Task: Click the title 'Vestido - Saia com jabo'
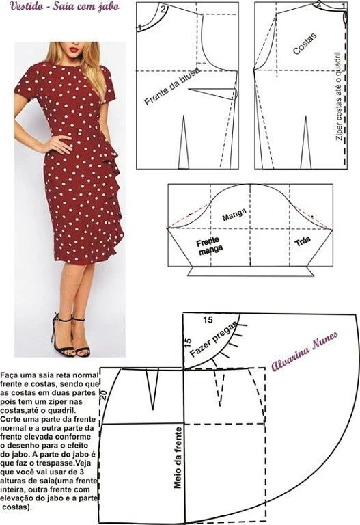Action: point(65,6)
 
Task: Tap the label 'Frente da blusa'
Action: point(172,86)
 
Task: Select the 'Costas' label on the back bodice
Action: point(305,44)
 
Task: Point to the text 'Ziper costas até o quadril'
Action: point(338,96)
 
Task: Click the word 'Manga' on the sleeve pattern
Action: point(234,215)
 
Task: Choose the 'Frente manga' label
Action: point(210,245)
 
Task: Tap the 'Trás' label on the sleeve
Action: point(303,241)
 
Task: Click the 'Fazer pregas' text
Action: point(213,339)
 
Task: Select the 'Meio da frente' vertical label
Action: point(178,457)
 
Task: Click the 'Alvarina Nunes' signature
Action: point(304,351)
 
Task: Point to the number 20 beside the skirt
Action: point(103,395)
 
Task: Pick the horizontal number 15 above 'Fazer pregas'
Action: point(208,320)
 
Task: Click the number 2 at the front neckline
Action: point(163,9)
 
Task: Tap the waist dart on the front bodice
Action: point(183,142)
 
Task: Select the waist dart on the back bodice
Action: point(306,142)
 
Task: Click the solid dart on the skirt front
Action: point(153,389)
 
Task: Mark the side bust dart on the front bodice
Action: point(213,94)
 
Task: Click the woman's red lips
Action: point(74,50)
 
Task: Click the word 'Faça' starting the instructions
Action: point(9,375)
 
